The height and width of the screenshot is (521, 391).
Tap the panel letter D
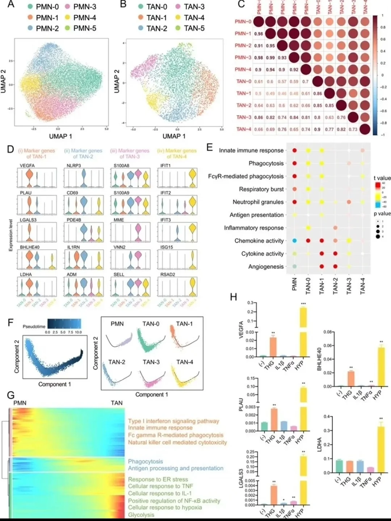pyautogui.click(x=10, y=149)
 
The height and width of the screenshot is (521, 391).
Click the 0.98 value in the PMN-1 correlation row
pyautogui.click(x=258, y=34)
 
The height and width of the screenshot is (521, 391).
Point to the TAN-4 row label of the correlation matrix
pyautogui.click(x=244, y=129)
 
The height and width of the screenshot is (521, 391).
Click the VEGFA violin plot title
pyautogui.click(x=28, y=166)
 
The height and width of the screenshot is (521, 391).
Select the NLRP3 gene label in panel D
pyautogui.click(x=74, y=166)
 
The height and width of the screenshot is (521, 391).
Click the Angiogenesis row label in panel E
pyautogui.click(x=266, y=266)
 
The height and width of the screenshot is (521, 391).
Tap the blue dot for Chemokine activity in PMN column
pyautogui.click(x=294, y=241)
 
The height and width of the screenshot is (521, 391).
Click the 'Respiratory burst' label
pyautogui.click(x=261, y=189)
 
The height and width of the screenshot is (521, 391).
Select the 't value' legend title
pyautogui.click(x=382, y=178)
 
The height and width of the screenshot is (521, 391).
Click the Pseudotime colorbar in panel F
pyautogui.click(x=64, y=323)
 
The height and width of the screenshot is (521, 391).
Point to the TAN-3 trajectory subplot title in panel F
pyautogui.click(x=151, y=362)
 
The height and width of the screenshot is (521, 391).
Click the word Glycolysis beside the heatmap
pyautogui.click(x=141, y=515)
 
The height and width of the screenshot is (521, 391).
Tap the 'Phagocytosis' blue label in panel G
pyautogui.click(x=145, y=461)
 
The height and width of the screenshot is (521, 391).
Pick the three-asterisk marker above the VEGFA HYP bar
pyautogui.click(x=303, y=304)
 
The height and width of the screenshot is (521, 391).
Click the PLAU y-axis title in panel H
pyautogui.click(x=241, y=404)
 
